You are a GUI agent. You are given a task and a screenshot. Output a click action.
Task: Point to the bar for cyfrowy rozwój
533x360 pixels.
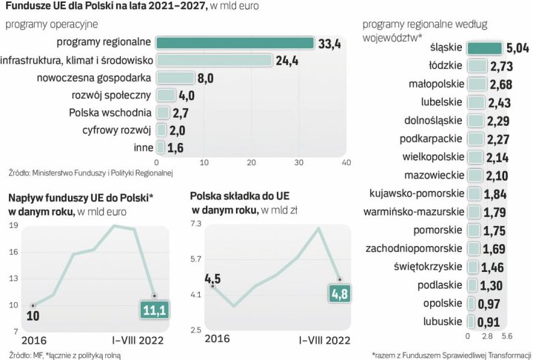[x=161, y=130]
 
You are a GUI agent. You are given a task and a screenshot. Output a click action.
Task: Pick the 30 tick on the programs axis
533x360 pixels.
[x=298, y=162]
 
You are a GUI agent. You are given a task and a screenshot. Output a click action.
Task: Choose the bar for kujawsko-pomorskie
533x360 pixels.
[x=473, y=193]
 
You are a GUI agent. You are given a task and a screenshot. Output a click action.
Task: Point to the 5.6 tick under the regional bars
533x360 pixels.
[x=507, y=335]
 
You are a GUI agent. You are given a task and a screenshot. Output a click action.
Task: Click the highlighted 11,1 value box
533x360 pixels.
[x=153, y=309]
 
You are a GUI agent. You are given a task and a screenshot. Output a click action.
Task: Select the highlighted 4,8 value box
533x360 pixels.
[x=338, y=295]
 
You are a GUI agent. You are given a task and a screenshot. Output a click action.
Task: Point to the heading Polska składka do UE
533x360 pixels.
[x=239, y=196]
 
